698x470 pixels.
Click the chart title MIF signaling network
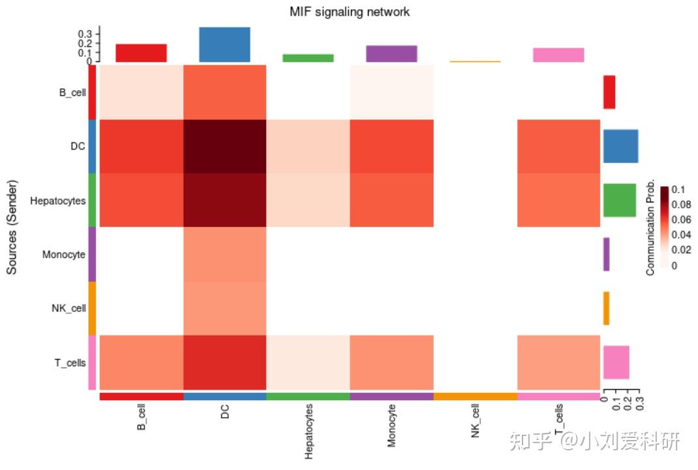pos(350,12)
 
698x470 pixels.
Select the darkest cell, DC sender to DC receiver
pos(225,146)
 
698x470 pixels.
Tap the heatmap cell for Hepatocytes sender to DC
pos(225,200)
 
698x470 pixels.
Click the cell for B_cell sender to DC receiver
pos(225,92)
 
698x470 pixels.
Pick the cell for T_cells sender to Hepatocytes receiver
pos(308,362)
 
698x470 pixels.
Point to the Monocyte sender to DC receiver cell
pos(225,254)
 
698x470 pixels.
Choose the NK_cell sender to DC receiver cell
pos(225,308)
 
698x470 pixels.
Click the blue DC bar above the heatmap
pos(224,44)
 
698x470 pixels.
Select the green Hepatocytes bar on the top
pos(308,58)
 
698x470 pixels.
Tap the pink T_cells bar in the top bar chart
pos(558,55)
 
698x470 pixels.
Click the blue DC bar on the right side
pos(620,146)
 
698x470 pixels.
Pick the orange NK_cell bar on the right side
pos(606,308)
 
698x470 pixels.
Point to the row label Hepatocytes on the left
pos(57,201)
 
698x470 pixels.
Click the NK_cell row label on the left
pos(68,308)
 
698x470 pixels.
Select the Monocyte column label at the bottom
pos(391,425)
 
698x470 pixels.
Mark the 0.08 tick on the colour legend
pos(682,204)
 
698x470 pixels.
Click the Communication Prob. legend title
pos(650,227)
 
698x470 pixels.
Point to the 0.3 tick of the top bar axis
pos(85,33)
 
